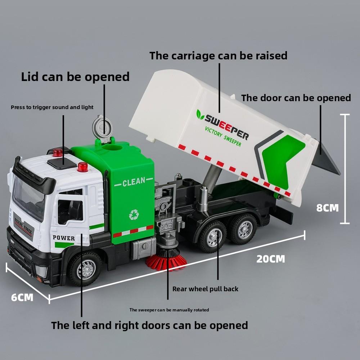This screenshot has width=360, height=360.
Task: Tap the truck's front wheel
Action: point(86,268)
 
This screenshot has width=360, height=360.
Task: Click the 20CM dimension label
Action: point(270,259)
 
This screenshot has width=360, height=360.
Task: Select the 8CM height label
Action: point(328,208)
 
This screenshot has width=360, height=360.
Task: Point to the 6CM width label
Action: point(22,297)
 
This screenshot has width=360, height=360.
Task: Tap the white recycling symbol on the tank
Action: point(134,215)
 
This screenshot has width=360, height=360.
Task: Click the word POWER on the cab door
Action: point(64,238)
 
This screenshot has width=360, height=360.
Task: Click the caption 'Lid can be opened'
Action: point(75,77)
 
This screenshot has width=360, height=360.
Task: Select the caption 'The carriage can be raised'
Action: point(219,56)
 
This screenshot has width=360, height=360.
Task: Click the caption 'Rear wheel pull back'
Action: point(205,289)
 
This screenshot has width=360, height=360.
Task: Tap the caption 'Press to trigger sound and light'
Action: point(52,107)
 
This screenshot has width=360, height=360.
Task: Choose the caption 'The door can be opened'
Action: point(296,98)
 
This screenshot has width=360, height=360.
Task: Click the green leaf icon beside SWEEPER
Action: point(200,114)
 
